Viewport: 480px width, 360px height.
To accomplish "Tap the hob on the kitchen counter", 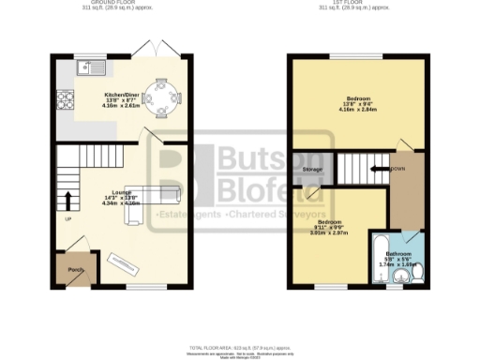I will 67,97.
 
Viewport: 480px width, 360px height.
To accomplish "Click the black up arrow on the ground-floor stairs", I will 67,200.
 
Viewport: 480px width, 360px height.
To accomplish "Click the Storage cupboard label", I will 311,170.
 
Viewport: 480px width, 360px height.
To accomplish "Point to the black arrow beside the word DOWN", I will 380,170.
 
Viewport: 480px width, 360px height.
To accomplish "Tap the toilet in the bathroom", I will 417,273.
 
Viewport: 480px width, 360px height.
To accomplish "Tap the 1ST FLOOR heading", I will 355,3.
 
